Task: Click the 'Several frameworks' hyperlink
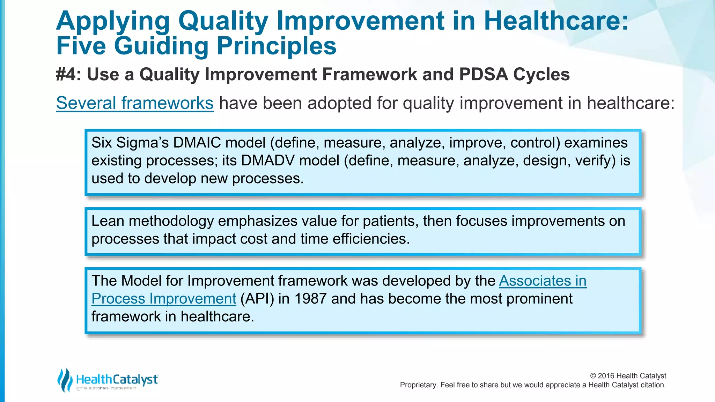[135, 103]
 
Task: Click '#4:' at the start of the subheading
[68, 74]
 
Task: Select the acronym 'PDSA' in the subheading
[483, 74]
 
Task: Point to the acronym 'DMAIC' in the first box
[197, 143]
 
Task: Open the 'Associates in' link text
[543, 281]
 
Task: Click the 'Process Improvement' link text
[164, 299]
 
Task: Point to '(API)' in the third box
[257, 299]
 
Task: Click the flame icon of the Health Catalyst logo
[65, 380]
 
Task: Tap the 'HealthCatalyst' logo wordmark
[117, 379]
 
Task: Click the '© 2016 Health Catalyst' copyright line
[628, 376]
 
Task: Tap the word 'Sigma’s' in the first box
[142, 143]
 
